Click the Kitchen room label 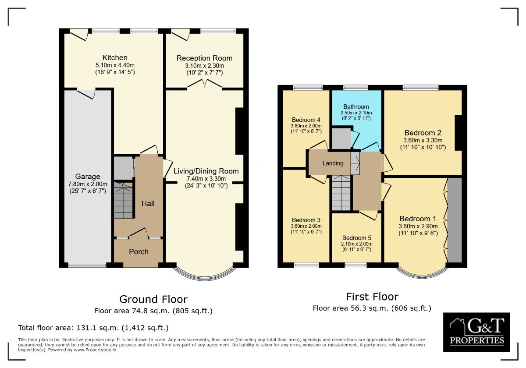(115, 57)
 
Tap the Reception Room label (204, 58)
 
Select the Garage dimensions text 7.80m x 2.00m (88, 184)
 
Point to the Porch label (139, 251)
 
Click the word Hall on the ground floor (148, 203)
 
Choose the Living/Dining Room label (206, 171)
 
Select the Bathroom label (356, 106)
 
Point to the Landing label (333, 163)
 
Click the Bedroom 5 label (357, 237)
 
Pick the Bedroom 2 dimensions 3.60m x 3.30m (423, 141)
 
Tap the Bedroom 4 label (306, 120)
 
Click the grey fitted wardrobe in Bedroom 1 (455, 219)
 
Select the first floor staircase (341, 193)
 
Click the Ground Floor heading (153, 299)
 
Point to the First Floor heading (372, 297)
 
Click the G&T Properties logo (476, 332)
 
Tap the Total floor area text (93, 328)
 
